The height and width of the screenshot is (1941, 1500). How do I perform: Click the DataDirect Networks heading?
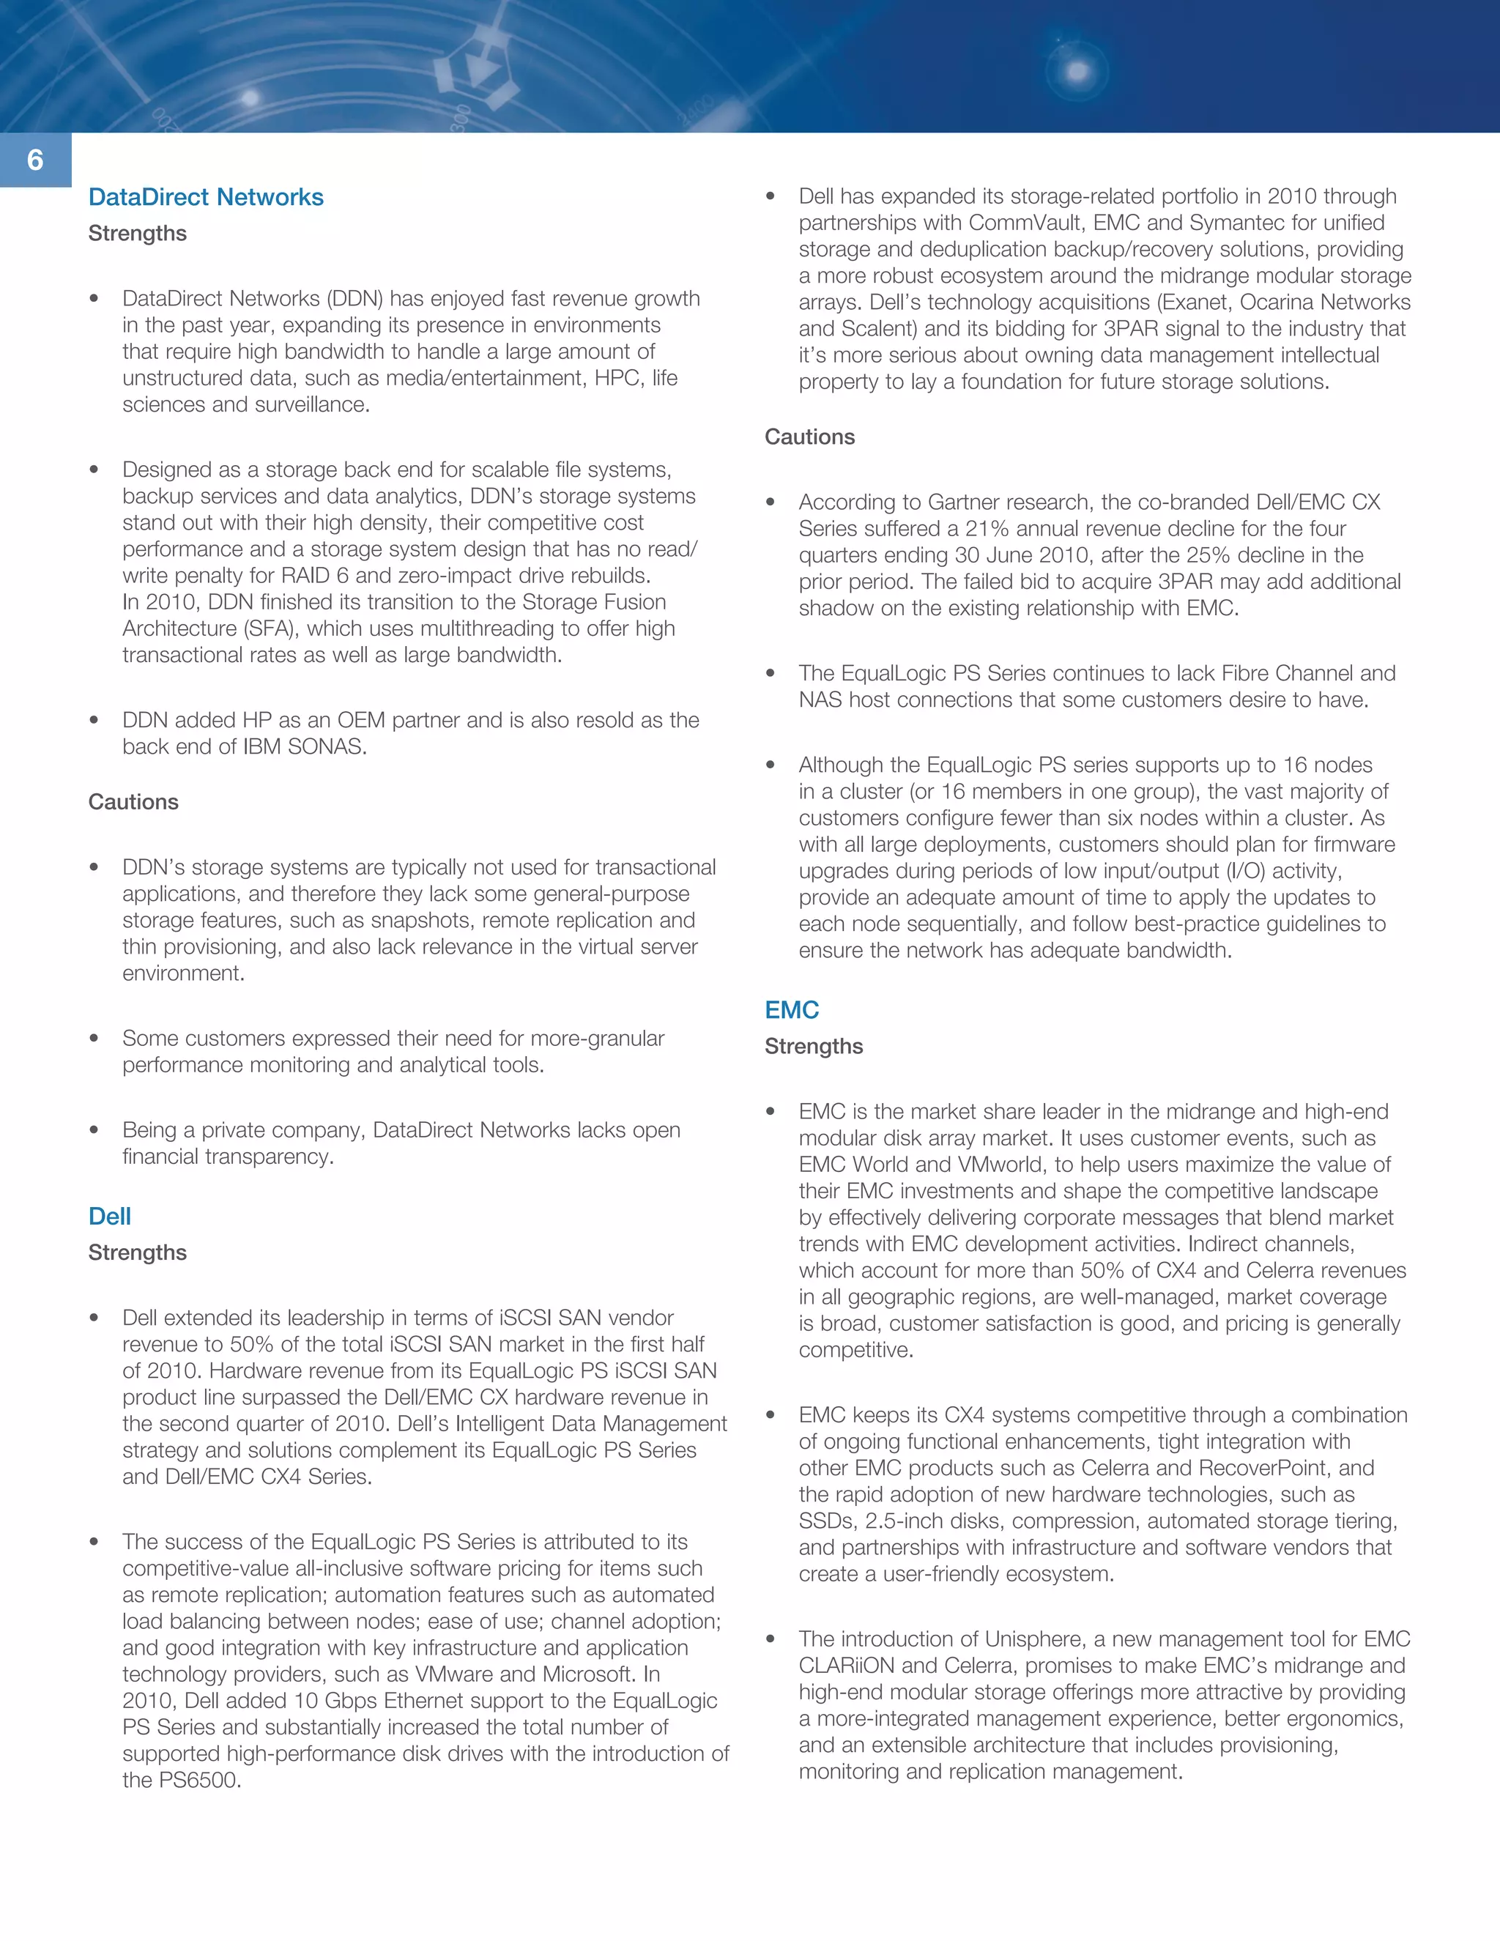pos(205,197)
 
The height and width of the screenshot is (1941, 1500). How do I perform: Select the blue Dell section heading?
pos(109,1217)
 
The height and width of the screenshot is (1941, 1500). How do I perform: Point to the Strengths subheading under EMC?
pos(813,1046)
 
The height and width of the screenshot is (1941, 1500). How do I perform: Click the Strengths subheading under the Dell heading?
pos(137,1252)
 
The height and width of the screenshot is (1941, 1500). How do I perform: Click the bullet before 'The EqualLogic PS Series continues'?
pos(771,674)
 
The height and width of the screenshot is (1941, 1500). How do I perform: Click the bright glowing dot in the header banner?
pos(1077,71)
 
